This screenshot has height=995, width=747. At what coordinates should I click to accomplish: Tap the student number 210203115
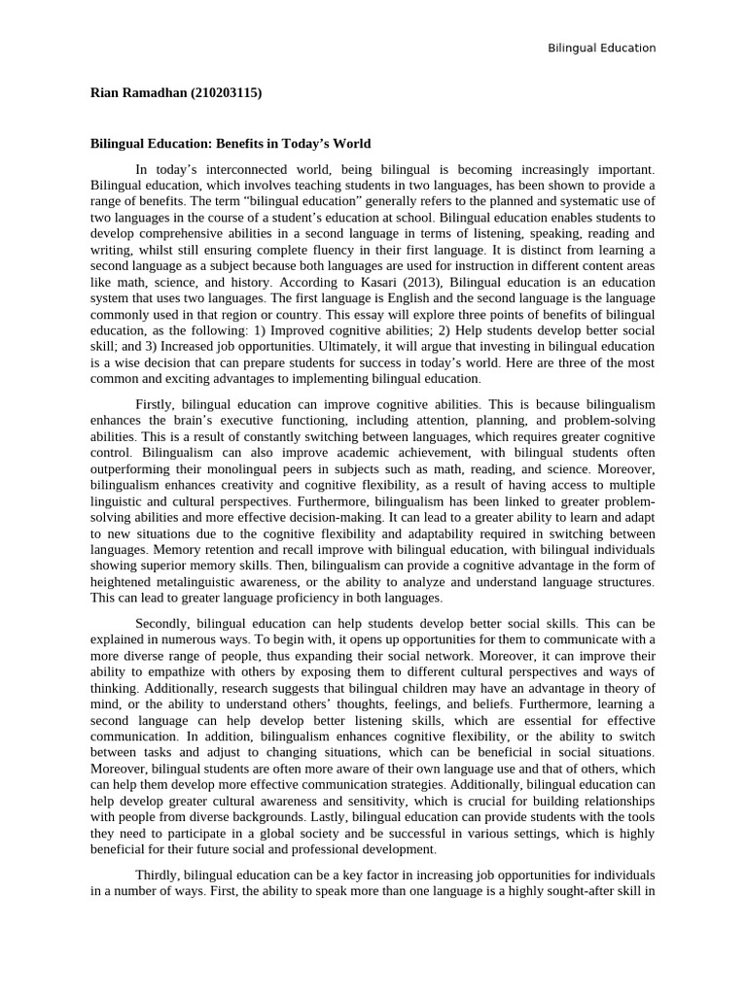pyautogui.click(x=225, y=93)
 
